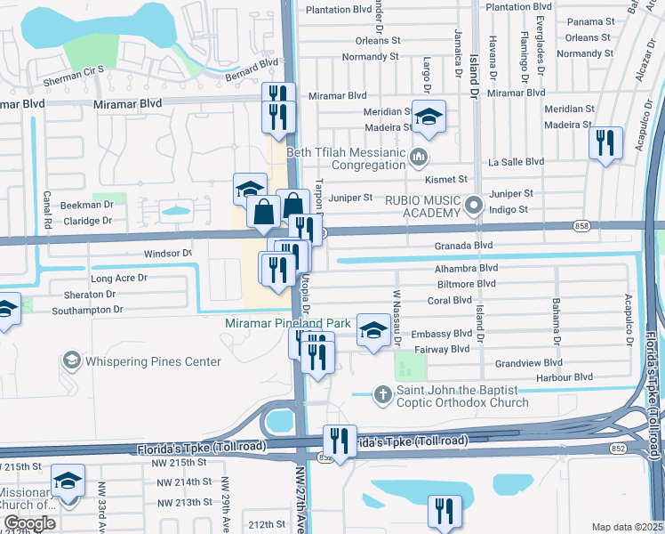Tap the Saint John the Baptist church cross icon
(382, 393)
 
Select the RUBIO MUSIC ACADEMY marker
(474, 206)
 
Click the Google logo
(28, 523)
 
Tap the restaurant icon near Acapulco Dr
(605, 143)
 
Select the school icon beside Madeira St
(429, 118)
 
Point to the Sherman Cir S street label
(75, 69)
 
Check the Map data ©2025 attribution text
(627, 527)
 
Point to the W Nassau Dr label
(397, 316)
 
